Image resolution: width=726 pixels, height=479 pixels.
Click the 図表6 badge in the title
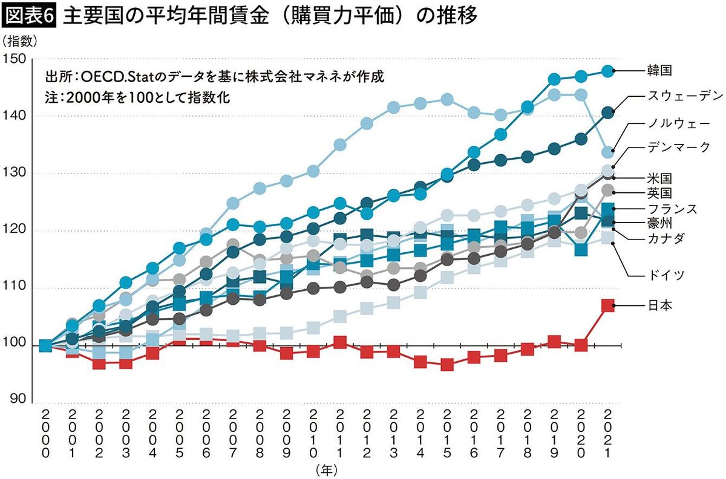30,16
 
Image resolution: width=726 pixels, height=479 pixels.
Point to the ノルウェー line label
676,124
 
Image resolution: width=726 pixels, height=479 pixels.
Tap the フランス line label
670,209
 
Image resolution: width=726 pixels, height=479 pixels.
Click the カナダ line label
664,238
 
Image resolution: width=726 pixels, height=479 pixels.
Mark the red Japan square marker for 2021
608,305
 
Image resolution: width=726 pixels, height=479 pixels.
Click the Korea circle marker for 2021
608,71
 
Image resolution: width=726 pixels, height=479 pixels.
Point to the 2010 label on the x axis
313,434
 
